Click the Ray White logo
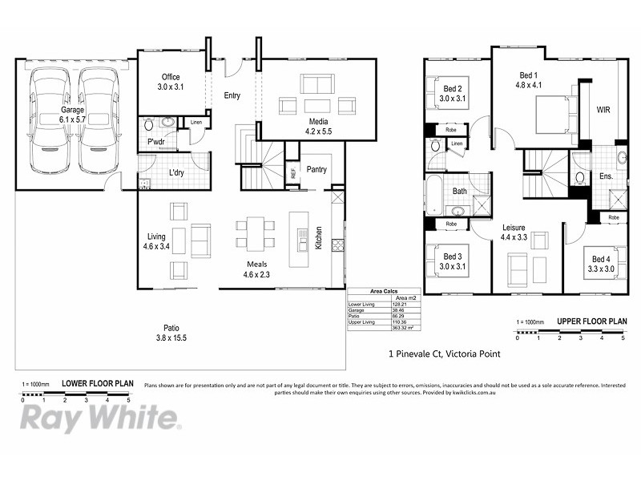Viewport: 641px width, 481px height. pyautogui.click(x=99, y=418)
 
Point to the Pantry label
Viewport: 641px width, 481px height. pyautogui.click(x=316, y=169)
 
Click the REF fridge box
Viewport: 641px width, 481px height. pyautogui.click(x=292, y=172)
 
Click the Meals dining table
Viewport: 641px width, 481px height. pyautogui.click(x=255, y=232)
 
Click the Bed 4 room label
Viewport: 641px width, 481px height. pyautogui.click(x=602, y=264)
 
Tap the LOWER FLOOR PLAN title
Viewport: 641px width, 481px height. pyautogui.click(x=98, y=384)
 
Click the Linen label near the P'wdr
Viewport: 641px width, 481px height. pyautogui.click(x=196, y=123)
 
